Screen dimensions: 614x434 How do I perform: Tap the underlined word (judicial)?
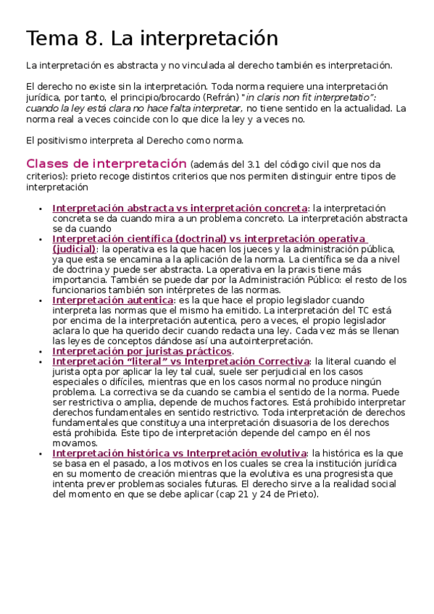pyautogui.click(x=74, y=248)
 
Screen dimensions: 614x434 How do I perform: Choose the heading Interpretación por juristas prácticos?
pyautogui.click(x=142, y=350)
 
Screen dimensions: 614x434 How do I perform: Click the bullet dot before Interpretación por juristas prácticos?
pyautogui.click(x=41, y=351)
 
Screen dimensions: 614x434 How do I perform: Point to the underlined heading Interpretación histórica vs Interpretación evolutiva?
pyautogui.click(x=179, y=453)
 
